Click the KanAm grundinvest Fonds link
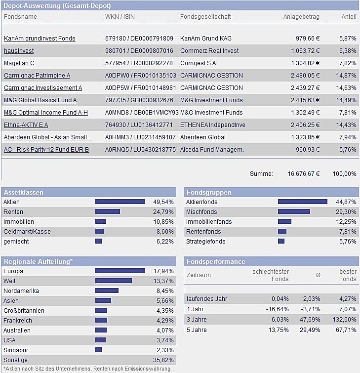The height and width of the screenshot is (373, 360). (40, 39)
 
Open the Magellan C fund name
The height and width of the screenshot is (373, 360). (19, 63)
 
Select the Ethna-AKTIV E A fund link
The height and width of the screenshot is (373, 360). (26, 125)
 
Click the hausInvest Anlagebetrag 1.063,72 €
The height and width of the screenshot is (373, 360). (302, 51)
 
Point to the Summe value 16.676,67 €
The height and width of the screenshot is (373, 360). (304, 174)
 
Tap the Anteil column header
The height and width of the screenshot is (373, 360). (349, 17)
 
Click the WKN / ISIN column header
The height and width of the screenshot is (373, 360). (120, 17)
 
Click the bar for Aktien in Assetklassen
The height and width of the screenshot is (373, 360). (120, 202)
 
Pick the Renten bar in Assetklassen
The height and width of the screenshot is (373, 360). (108, 212)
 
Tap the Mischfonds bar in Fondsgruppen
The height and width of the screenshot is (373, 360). (294, 212)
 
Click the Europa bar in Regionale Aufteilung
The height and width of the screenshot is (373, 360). (120, 271)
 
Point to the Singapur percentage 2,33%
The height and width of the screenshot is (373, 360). (164, 350)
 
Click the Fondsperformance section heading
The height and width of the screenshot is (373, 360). (215, 261)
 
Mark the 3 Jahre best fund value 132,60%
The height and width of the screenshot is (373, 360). (344, 320)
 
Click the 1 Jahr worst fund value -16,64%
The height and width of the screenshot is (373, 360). (278, 309)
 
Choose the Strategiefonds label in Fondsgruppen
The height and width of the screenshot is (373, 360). (205, 242)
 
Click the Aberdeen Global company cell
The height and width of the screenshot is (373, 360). (203, 137)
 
